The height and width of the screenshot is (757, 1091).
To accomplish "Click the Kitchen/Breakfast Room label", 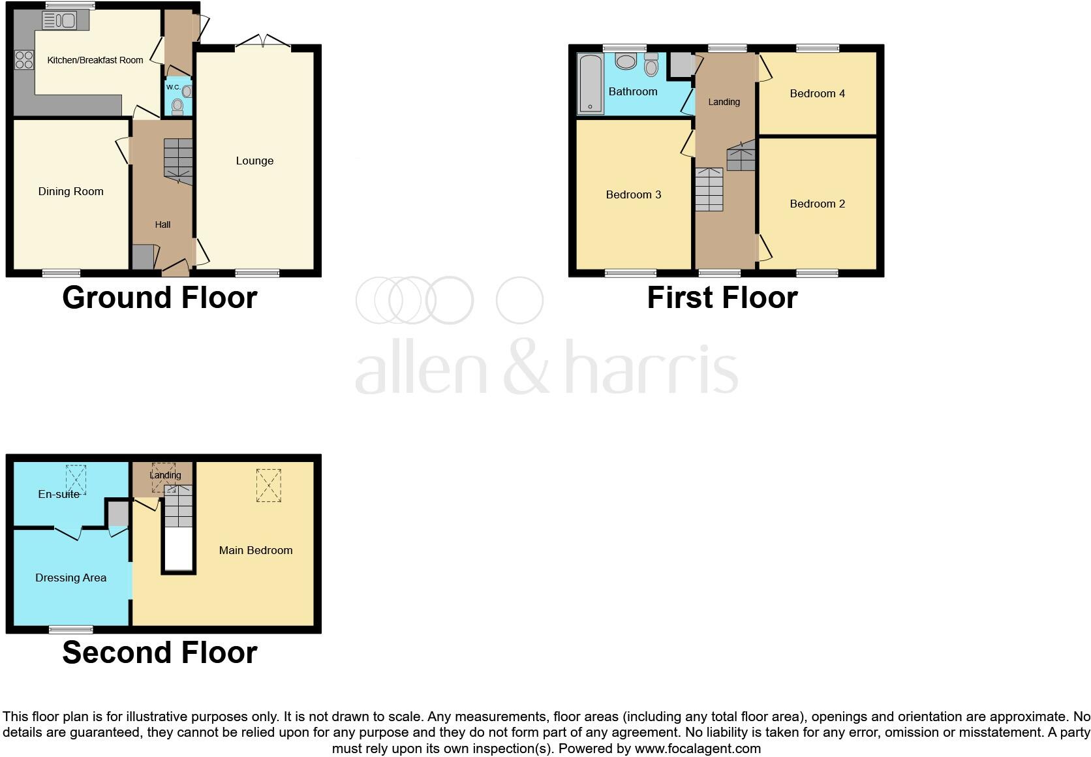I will click(95, 60).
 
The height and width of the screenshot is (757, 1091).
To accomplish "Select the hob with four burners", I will click(24, 60).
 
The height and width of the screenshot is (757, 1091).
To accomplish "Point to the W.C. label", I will click(173, 87).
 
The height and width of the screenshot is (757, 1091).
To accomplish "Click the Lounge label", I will click(254, 161).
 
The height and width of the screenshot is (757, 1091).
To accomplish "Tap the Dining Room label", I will click(70, 192).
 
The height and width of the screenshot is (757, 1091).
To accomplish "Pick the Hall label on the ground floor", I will click(162, 224).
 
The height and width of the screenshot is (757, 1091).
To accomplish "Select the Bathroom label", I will click(633, 92).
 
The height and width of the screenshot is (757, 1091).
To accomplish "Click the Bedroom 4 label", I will click(817, 94).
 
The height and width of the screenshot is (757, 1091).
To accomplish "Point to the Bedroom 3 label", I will click(633, 194).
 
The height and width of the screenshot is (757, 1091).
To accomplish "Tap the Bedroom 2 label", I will click(817, 204).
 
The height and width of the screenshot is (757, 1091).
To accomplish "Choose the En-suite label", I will click(59, 495).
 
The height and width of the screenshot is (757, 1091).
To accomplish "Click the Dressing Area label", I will click(70, 578).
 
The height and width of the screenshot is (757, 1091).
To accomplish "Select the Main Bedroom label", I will click(255, 551).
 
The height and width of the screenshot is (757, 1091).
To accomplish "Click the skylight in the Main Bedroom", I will click(268, 486).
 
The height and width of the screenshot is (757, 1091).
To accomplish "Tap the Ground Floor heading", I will click(160, 298).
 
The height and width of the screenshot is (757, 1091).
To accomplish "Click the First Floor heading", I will click(722, 298).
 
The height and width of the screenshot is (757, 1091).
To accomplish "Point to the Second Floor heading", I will click(160, 653).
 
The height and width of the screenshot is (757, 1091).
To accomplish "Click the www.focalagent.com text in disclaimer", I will click(698, 749).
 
